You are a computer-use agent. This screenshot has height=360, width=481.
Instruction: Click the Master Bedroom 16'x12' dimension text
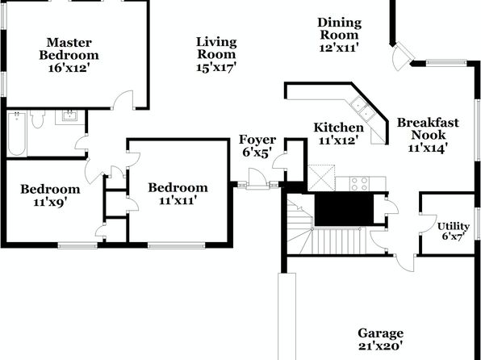point(69,68)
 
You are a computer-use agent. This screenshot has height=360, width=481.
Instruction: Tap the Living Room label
point(216,48)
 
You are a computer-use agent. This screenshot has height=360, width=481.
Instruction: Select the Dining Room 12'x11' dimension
point(339,48)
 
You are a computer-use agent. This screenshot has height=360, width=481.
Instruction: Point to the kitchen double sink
point(363,109)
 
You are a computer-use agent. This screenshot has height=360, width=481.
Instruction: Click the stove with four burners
point(359,183)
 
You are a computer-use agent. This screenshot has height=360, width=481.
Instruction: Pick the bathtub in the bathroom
point(17,133)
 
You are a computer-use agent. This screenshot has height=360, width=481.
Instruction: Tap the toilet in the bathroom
point(38,119)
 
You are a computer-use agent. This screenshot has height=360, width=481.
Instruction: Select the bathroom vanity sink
point(70,115)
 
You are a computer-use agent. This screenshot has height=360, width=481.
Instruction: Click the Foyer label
point(257,140)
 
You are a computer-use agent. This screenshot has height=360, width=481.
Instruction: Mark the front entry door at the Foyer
point(257,178)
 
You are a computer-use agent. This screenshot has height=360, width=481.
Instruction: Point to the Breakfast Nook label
point(428,128)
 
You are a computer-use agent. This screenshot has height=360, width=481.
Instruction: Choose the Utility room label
point(454,226)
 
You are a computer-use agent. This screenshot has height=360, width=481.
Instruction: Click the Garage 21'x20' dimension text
point(380,346)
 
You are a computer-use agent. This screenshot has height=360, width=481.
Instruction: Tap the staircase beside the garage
point(324,228)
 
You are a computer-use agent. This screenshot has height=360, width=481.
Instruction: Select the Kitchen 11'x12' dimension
point(339,141)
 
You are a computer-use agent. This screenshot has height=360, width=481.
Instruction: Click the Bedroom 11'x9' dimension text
point(50,202)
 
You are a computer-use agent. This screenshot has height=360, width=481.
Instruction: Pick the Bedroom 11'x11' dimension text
point(178,200)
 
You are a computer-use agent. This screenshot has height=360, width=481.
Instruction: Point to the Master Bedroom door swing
point(123,98)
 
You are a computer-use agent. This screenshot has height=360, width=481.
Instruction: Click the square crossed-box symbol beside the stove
point(321,178)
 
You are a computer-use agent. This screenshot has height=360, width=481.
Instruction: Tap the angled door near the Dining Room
point(402,57)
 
